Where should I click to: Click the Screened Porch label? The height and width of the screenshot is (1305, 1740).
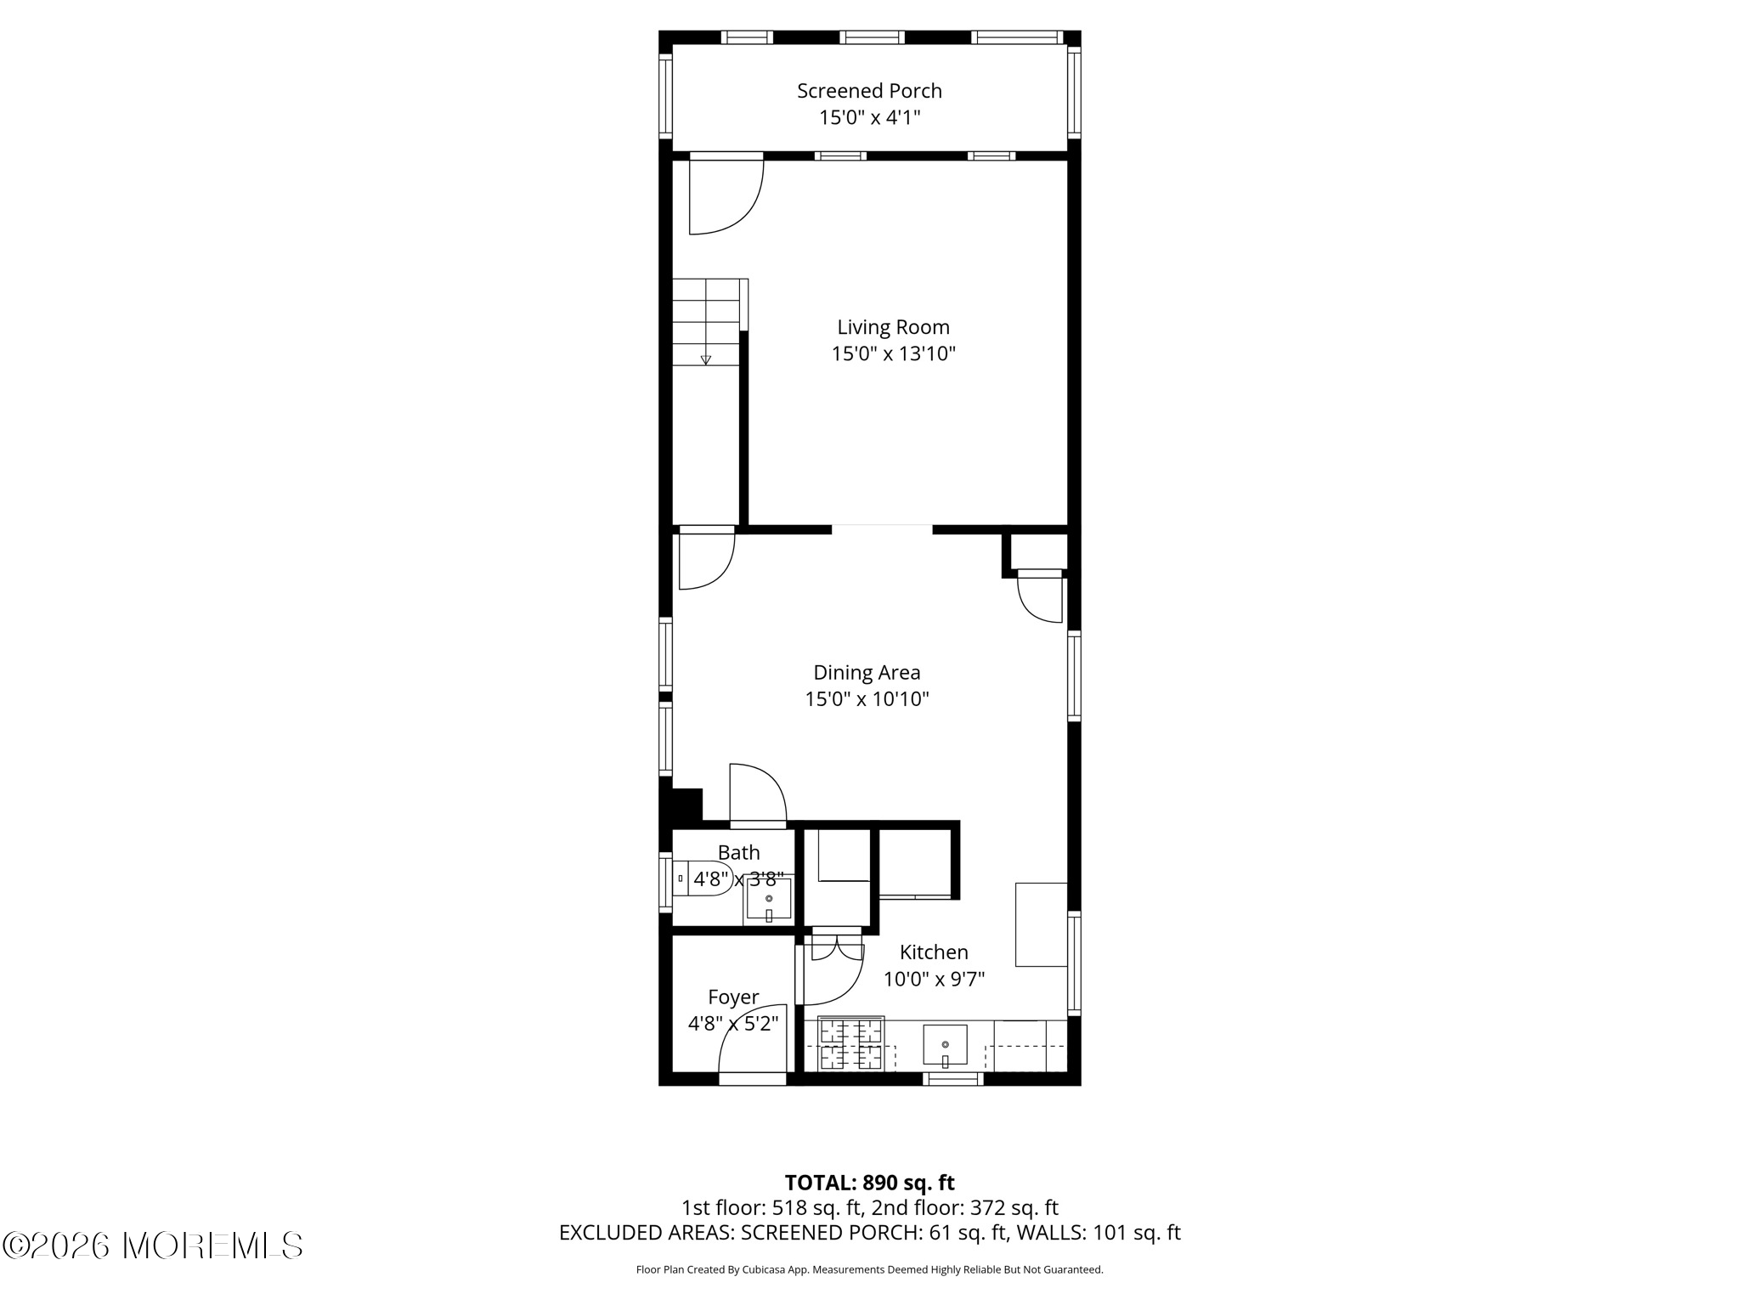pyautogui.click(x=869, y=91)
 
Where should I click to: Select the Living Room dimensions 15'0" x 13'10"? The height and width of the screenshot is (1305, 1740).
pyautogui.click(x=893, y=354)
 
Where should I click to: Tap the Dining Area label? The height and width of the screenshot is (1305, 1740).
pyautogui.click(x=867, y=673)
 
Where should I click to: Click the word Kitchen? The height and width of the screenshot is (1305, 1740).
pyautogui.click(x=934, y=952)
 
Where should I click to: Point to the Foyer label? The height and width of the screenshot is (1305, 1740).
pyautogui.click(x=733, y=997)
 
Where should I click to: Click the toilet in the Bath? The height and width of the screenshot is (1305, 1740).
pyautogui.click(x=702, y=878)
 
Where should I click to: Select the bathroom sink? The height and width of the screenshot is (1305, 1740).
pyautogui.click(x=769, y=900)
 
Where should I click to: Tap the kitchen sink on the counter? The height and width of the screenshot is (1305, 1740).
pyautogui.click(x=945, y=1045)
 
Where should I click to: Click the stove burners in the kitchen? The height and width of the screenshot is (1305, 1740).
pyautogui.click(x=850, y=1046)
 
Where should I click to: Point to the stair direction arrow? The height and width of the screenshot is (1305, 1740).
pyautogui.click(x=705, y=359)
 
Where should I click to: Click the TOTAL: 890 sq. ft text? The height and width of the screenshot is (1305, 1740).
pyautogui.click(x=869, y=1183)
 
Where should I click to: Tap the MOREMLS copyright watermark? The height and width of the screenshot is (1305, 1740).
pyautogui.click(x=153, y=1246)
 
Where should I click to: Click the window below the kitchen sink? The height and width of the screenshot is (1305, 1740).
pyautogui.click(x=952, y=1079)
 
